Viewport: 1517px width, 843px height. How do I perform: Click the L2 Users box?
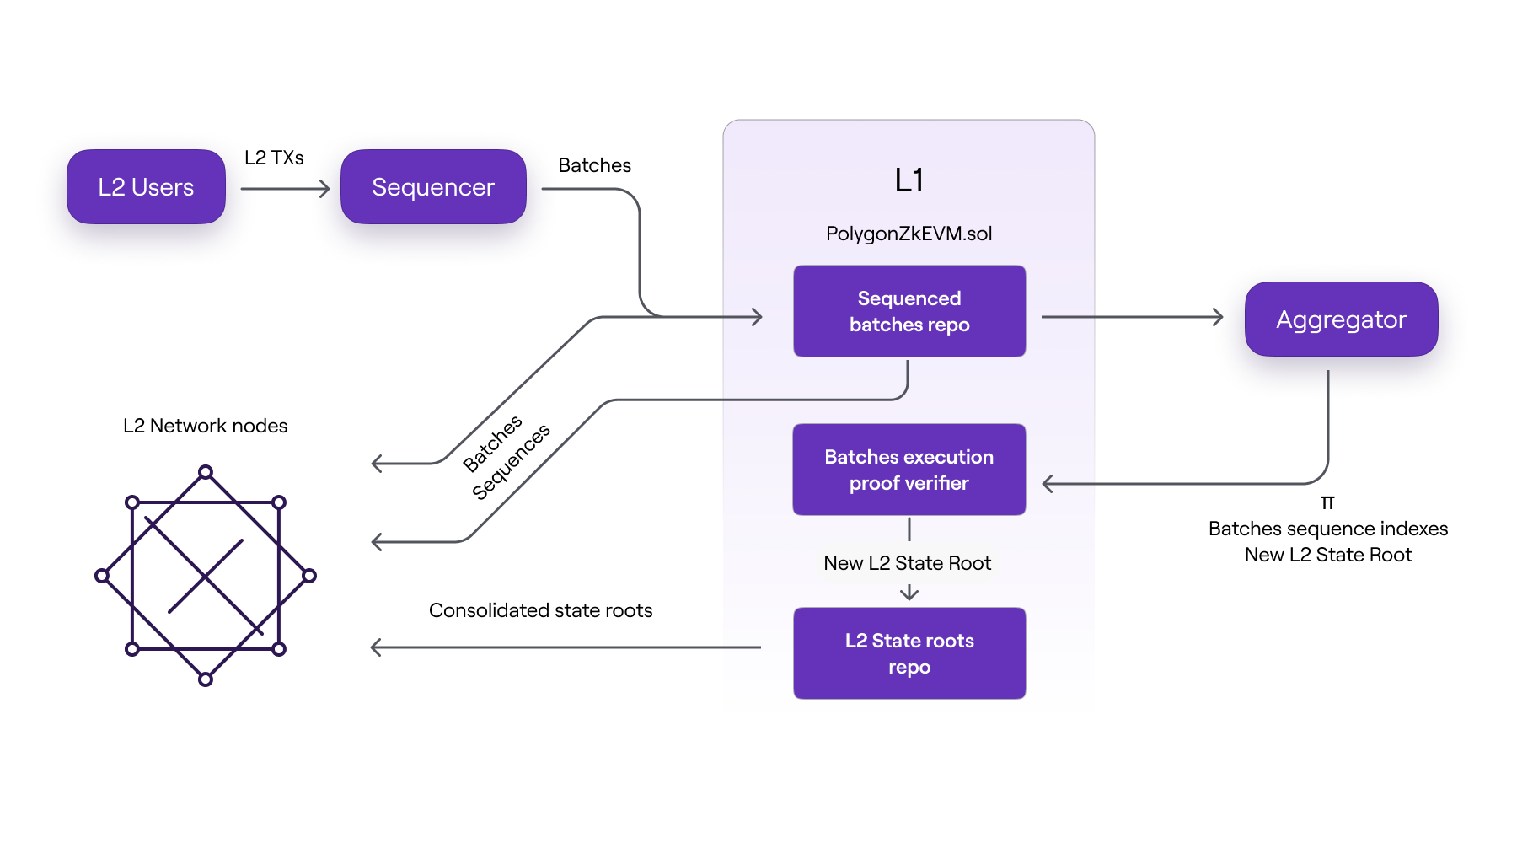tap(146, 187)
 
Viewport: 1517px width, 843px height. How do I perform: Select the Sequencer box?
tap(433, 187)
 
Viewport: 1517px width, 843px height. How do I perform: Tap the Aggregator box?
tap(1341, 319)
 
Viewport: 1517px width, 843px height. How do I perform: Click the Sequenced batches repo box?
tap(909, 312)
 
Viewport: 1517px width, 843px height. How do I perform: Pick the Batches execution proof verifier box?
tap(909, 470)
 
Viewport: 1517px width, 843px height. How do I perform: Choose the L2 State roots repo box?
tap(909, 654)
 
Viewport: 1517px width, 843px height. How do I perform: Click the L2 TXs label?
tap(274, 158)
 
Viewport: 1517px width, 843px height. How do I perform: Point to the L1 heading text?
tap(909, 180)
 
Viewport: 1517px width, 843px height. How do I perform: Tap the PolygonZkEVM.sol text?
tap(909, 234)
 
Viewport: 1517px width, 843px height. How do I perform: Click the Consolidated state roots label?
tap(540, 610)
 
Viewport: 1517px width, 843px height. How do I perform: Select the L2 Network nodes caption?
tap(205, 426)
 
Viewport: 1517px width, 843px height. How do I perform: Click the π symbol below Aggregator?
tap(1327, 503)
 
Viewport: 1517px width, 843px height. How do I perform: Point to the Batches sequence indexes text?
tap(1327, 529)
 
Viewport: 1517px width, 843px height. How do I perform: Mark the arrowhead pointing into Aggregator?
tap(1218, 317)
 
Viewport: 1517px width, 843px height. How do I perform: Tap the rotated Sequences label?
tap(512, 461)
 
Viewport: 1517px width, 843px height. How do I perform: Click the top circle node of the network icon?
tap(206, 472)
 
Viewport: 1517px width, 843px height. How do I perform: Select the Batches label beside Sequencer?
tap(594, 165)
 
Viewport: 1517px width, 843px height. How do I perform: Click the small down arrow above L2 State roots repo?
tap(909, 593)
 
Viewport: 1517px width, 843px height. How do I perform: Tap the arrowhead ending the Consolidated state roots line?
tap(376, 647)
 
